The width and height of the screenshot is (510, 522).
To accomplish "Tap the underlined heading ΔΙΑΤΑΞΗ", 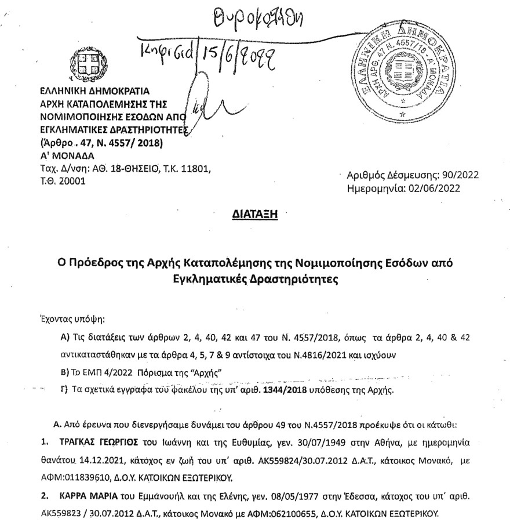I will pyautogui.click(x=255, y=215).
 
